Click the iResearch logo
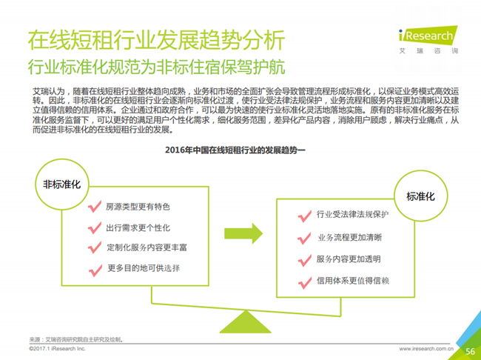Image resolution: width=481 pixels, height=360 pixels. [x=428, y=40]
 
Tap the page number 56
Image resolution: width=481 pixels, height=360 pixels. [x=470, y=351]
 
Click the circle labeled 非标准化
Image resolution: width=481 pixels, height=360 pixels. [x=62, y=184]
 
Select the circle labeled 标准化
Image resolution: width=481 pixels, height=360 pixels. [x=420, y=196]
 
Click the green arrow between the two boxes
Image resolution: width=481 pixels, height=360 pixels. [x=243, y=233]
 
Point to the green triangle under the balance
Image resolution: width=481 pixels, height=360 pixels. [x=246, y=322]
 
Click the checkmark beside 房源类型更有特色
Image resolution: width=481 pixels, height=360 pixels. [x=95, y=207]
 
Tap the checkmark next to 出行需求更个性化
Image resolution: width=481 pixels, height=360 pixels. [x=95, y=227]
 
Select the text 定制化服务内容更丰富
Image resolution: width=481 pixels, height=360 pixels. [x=147, y=247]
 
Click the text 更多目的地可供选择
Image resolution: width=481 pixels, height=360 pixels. [x=144, y=268]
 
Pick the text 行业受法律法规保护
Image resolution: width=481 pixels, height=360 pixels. [x=353, y=214]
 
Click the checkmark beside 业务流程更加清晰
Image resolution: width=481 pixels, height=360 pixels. [x=304, y=238]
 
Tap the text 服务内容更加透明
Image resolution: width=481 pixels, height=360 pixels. [x=349, y=259]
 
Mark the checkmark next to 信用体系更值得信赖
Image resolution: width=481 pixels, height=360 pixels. [x=305, y=283]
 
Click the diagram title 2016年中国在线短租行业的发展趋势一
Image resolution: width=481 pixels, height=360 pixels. [x=235, y=150]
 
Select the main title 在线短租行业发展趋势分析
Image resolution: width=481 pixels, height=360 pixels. [x=156, y=40]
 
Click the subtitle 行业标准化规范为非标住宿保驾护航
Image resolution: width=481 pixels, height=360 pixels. [x=156, y=67]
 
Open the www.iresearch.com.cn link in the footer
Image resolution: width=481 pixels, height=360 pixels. [x=426, y=349]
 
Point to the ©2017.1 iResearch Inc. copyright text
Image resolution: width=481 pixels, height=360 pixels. [x=58, y=349]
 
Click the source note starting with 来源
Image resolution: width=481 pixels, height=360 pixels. [x=76, y=339]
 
